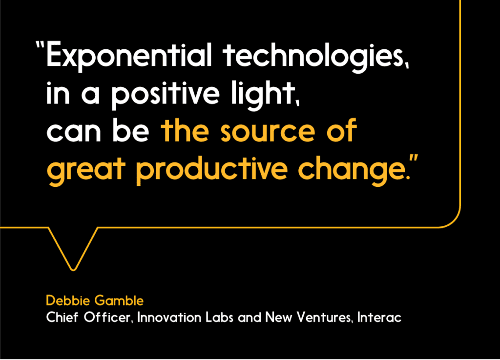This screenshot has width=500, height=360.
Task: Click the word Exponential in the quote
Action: tap(129, 55)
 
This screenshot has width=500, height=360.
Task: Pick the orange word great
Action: tap(86, 169)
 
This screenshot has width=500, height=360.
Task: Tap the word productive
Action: tap(212, 169)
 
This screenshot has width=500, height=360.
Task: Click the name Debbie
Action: tap(68, 300)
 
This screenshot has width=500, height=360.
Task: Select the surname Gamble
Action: tap(119, 300)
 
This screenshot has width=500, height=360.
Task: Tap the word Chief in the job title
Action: tap(62, 317)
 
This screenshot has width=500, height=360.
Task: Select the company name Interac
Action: tap(379, 317)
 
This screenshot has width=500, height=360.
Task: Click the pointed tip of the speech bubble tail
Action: tap(73, 270)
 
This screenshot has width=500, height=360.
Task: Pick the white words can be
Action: tap(98, 132)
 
